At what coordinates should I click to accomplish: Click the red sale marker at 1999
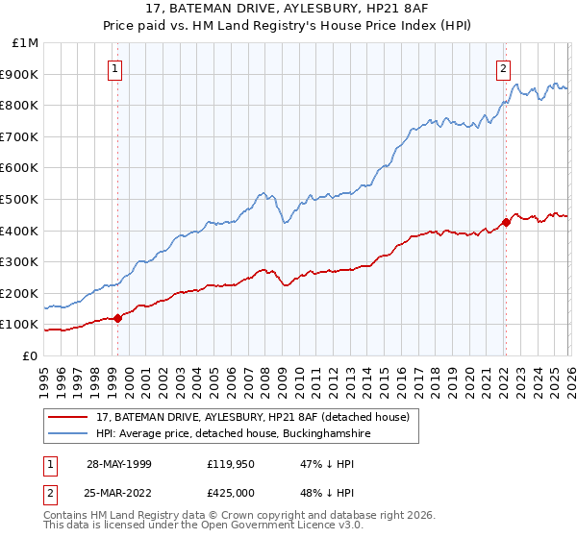[x=117, y=318]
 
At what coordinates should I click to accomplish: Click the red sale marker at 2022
[x=506, y=223]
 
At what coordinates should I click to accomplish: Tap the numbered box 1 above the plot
[x=115, y=67]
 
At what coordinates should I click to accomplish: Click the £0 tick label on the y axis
[x=31, y=355]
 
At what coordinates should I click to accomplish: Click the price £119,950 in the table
[x=232, y=463]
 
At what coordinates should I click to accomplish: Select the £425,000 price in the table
[x=232, y=492]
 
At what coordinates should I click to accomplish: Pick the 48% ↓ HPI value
[x=328, y=492]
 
